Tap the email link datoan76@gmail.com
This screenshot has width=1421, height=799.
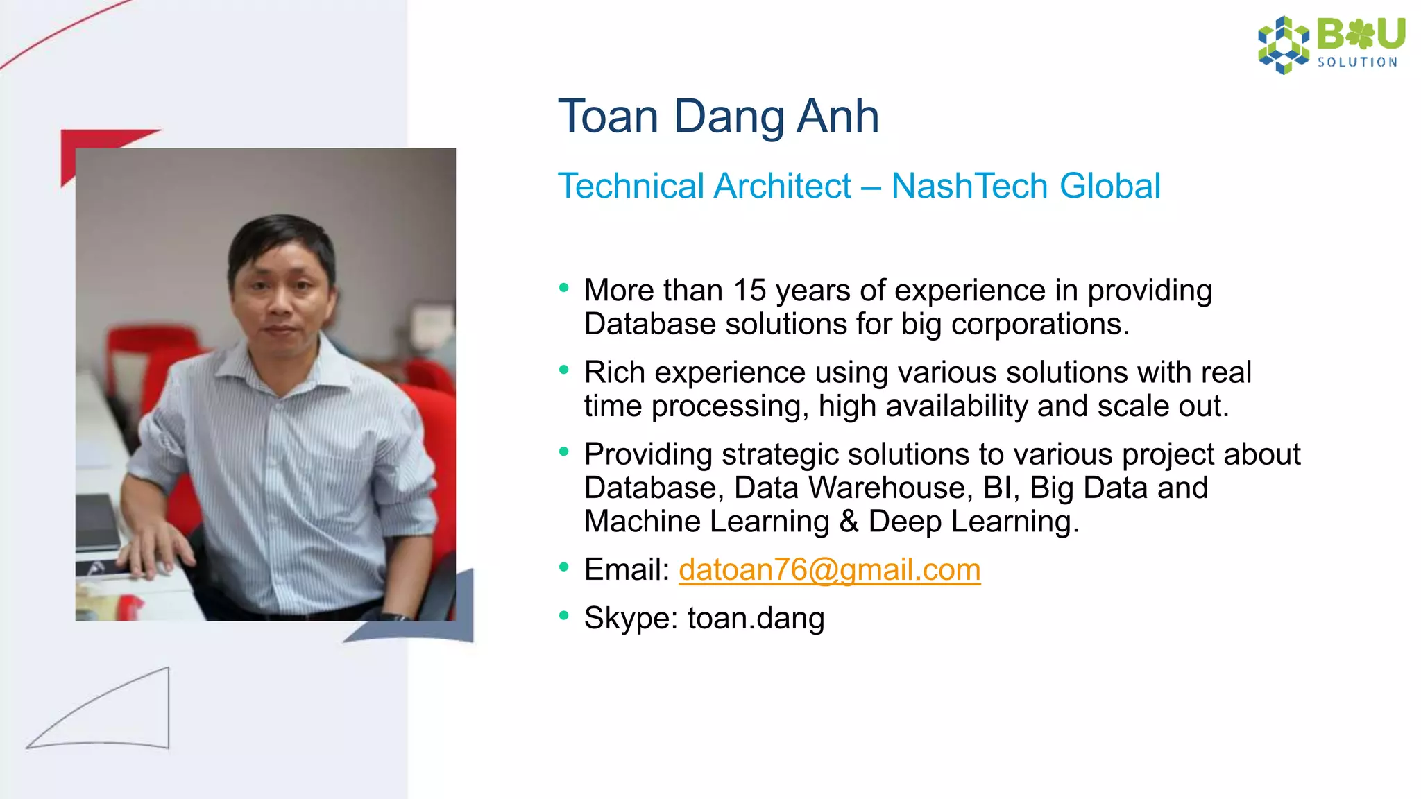(829, 569)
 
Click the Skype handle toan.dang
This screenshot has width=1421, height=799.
(756, 618)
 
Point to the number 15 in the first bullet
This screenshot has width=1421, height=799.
(749, 291)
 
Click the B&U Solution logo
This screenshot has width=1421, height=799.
(1331, 44)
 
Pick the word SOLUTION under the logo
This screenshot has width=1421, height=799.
(1357, 62)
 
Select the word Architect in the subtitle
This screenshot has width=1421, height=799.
(782, 186)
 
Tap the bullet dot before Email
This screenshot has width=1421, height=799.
(563, 568)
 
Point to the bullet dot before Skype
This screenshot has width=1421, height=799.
(563, 615)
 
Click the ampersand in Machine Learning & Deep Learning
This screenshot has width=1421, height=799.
(848, 522)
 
